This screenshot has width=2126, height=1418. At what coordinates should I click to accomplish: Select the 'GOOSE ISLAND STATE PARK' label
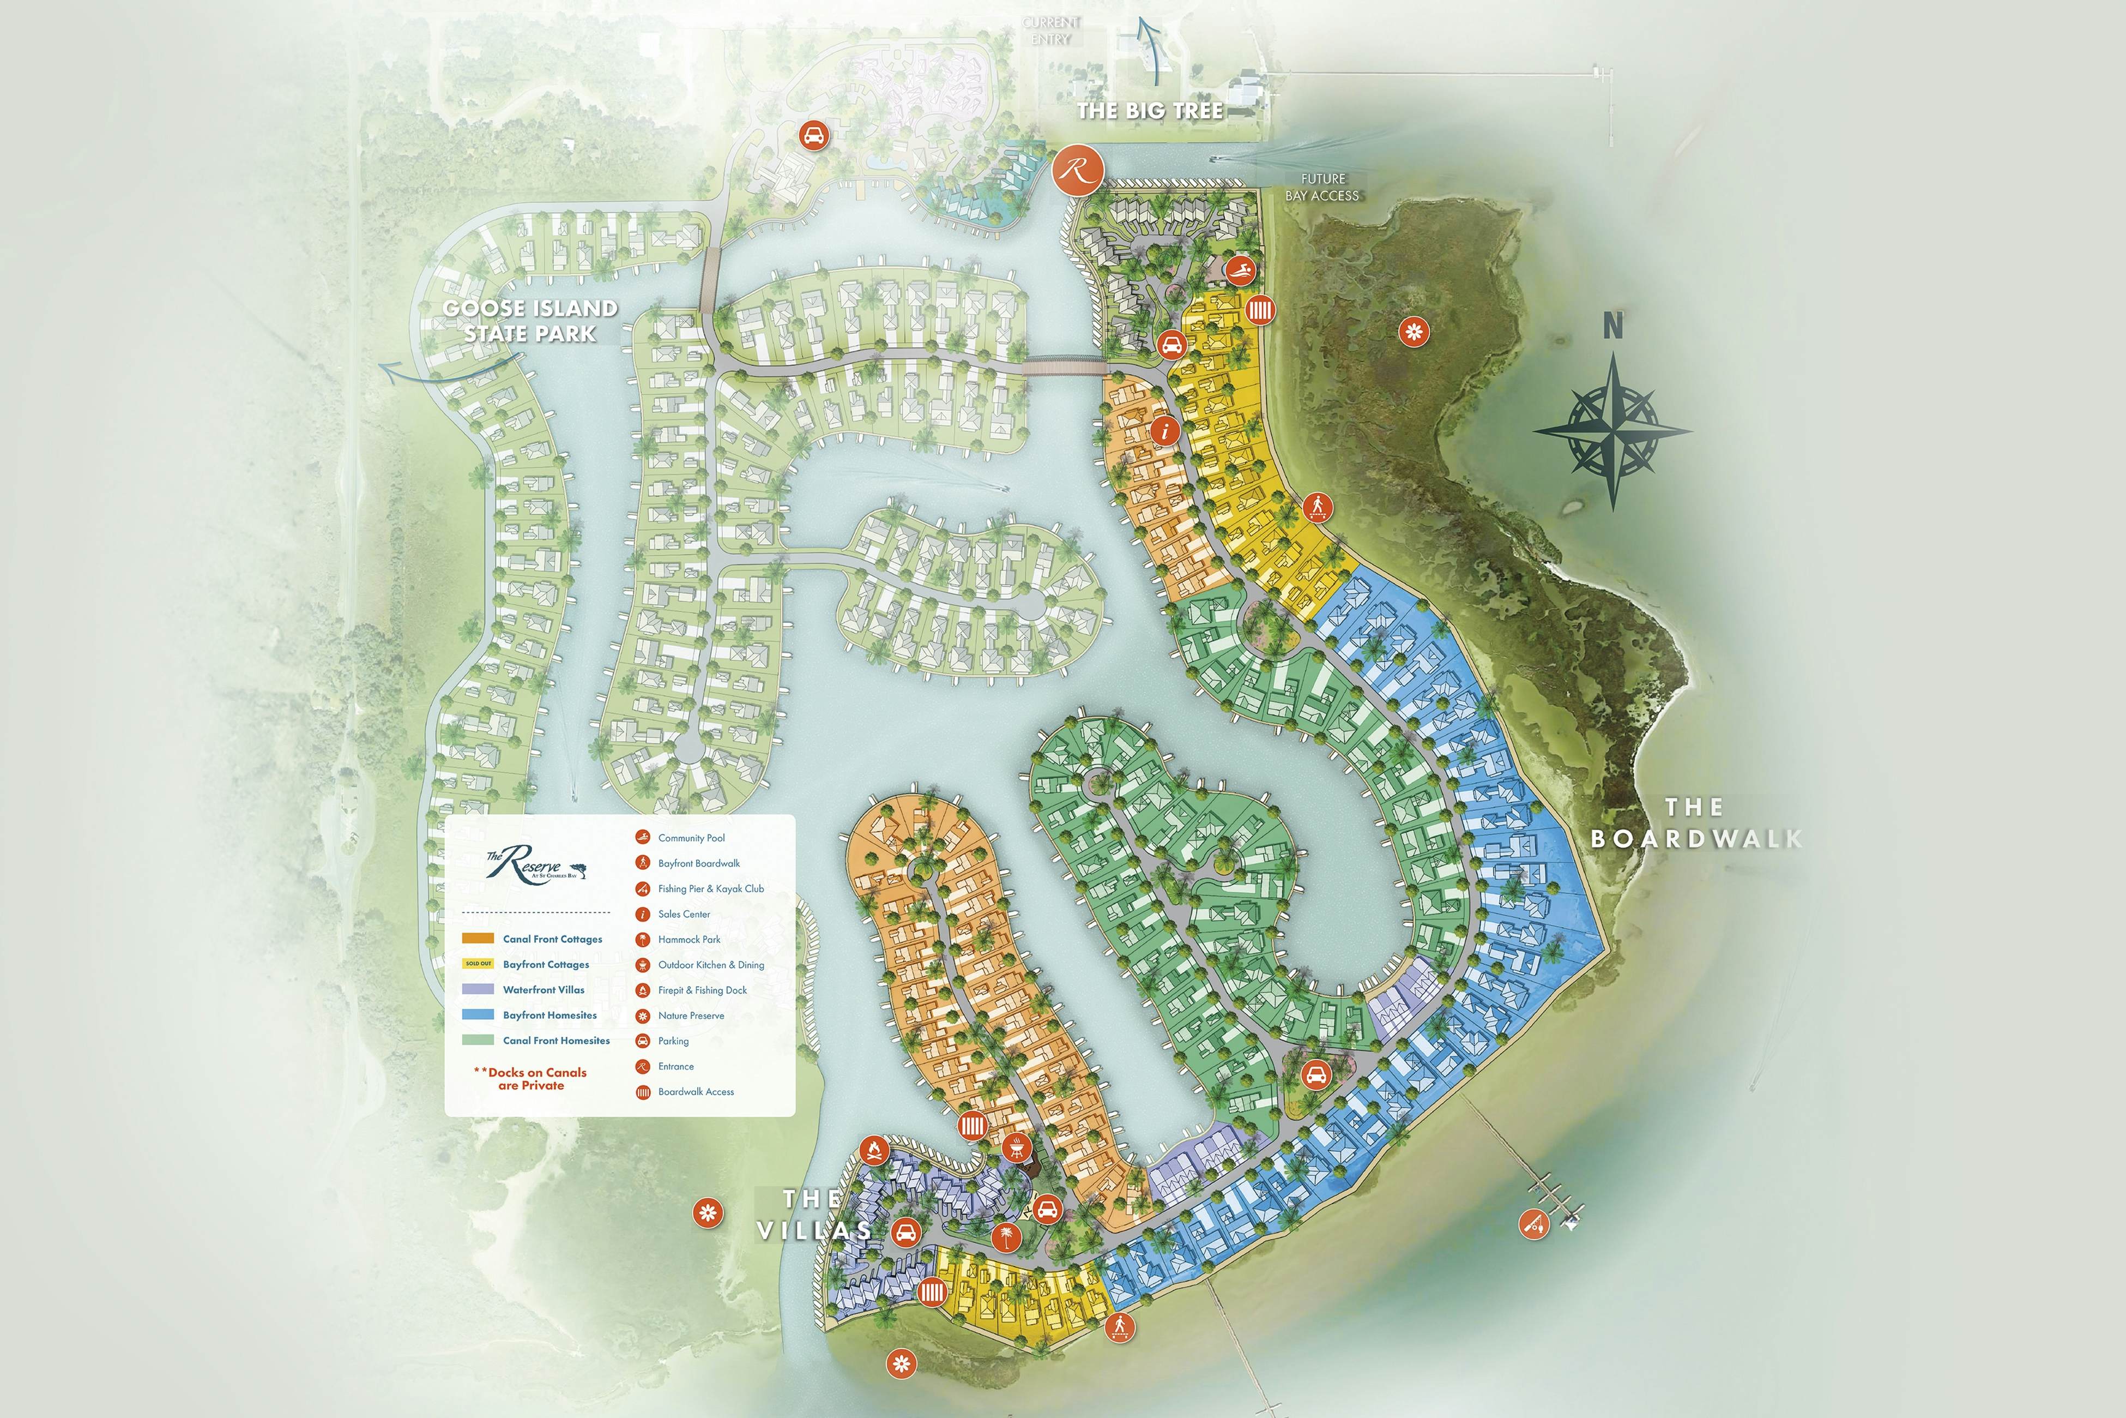(530, 321)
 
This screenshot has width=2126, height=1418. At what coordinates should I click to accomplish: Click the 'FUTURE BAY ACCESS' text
(1322, 187)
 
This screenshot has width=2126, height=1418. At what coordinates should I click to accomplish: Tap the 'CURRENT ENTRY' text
(1051, 31)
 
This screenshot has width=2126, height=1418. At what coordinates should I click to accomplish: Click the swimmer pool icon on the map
(1241, 269)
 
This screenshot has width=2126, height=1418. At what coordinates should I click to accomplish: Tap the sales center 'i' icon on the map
(1166, 430)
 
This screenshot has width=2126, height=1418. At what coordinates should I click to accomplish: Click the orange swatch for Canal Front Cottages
(478, 939)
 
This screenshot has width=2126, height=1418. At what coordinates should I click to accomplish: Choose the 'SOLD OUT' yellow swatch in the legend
(478, 964)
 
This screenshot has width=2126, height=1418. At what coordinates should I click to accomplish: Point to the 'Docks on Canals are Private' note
(530, 1079)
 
